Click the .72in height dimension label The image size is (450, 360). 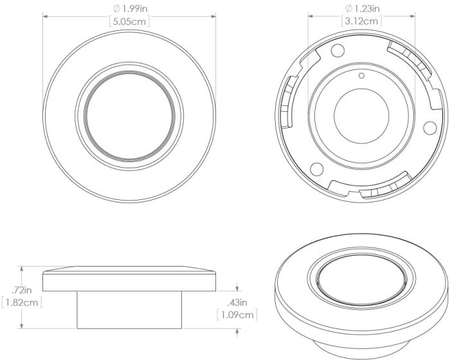pyautogui.click(x=14, y=289)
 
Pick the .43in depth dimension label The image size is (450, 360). pyautogui.click(x=237, y=302)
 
